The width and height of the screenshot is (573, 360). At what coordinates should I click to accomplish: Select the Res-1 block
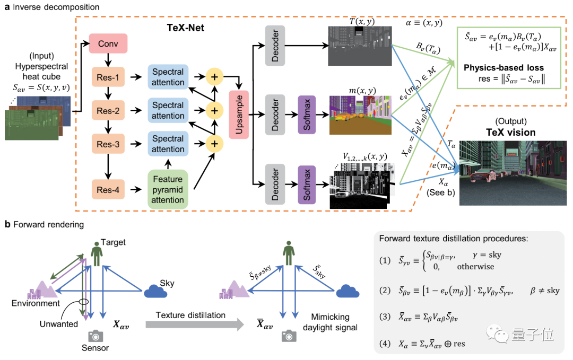(x=109, y=77)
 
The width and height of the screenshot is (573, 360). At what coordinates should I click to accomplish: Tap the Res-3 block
(x=109, y=144)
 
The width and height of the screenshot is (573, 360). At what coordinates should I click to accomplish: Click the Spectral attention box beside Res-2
(x=168, y=110)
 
